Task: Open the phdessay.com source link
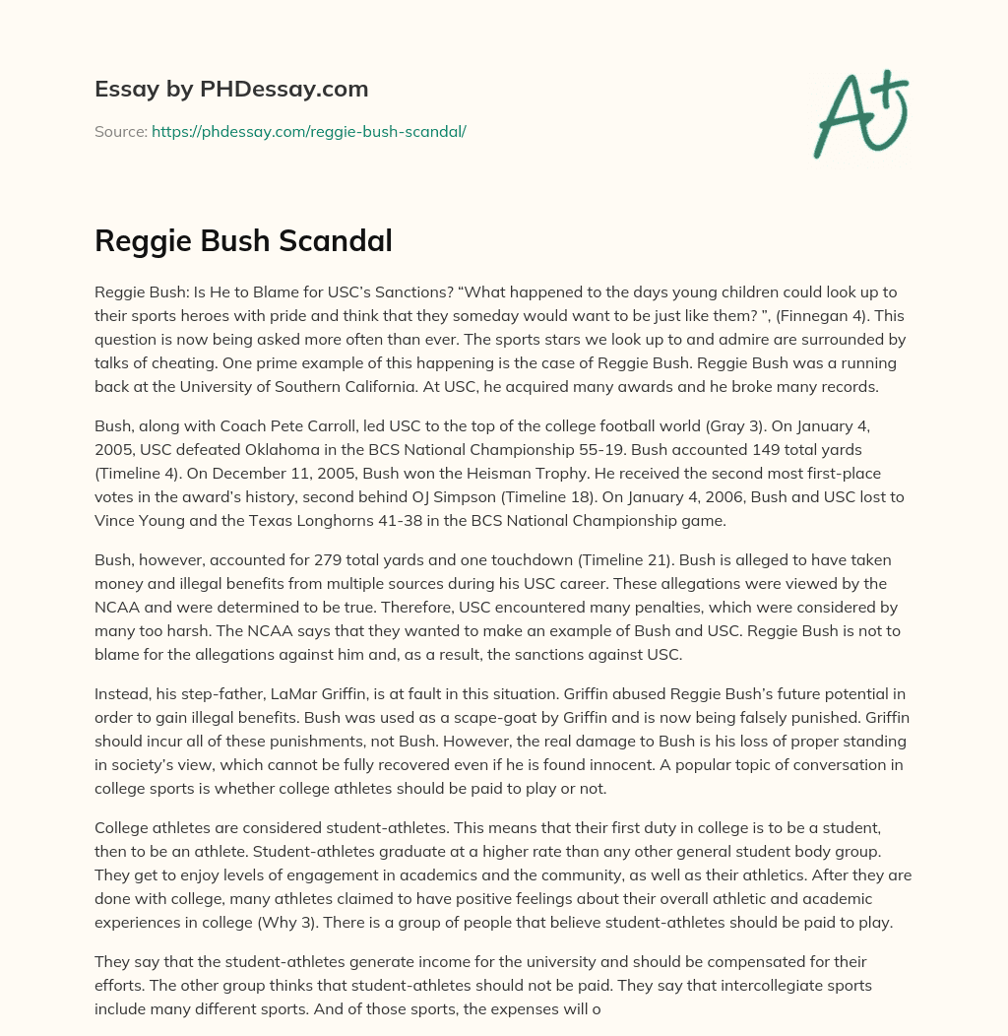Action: click(x=308, y=131)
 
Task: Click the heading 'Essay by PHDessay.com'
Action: click(x=231, y=89)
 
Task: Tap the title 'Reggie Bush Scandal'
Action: click(x=243, y=239)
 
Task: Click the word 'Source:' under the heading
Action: click(x=120, y=131)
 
